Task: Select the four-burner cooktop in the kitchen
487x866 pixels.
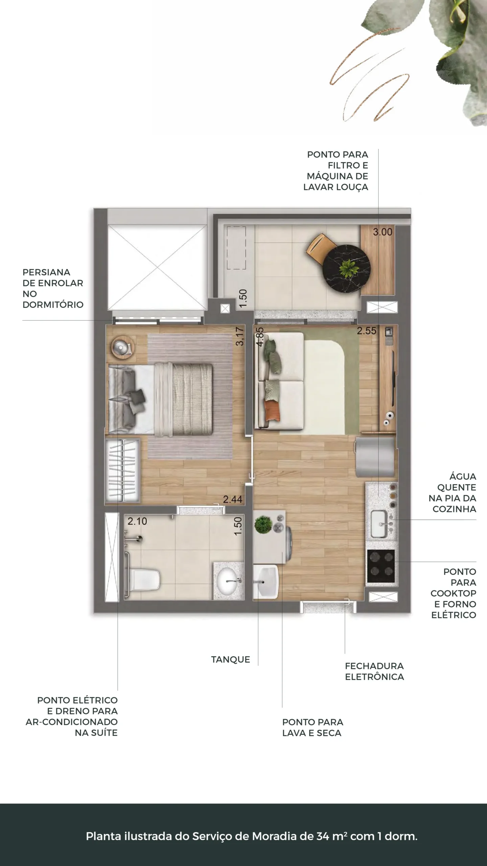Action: [x=381, y=566]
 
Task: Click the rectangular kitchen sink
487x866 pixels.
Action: [x=379, y=524]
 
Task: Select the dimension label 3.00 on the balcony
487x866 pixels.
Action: [x=382, y=232]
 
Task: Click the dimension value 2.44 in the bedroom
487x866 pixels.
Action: [x=232, y=499]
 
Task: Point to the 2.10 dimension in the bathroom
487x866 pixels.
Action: [x=137, y=521]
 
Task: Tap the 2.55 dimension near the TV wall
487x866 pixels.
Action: [x=367, y=331]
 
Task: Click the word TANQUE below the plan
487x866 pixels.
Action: [x=231, y=659]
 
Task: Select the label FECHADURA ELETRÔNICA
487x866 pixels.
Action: [x=374, y=671]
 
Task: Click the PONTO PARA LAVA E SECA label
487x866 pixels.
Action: [x=312, y=728]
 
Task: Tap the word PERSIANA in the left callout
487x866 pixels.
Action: [x=46, y=272]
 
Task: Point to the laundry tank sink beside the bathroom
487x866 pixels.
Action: [x=265, y=582]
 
